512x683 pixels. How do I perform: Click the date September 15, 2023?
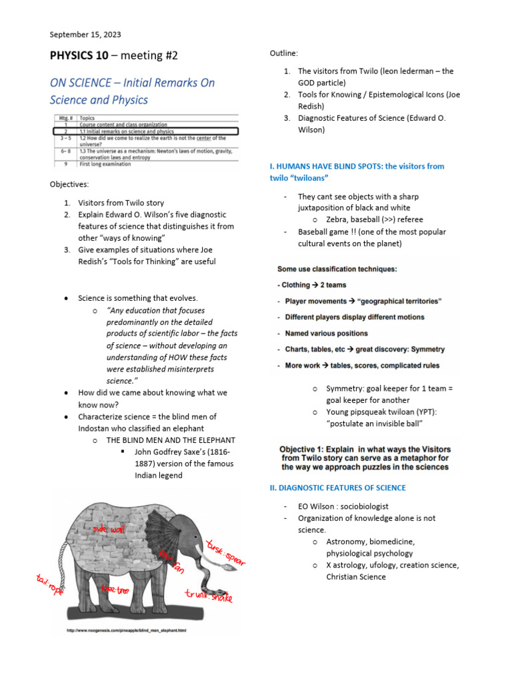pos(85,35)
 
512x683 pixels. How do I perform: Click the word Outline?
pos(284,53)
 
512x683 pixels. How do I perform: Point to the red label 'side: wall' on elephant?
pos(109,529)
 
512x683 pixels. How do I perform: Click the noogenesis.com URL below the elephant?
pos(126,630)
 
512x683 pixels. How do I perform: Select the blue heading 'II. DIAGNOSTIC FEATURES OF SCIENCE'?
pos(338,488)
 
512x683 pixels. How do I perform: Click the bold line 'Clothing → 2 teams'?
pos(313,285)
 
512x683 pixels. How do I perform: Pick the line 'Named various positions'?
pos(326,333)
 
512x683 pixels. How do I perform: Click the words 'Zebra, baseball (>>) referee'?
pos(375,219)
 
